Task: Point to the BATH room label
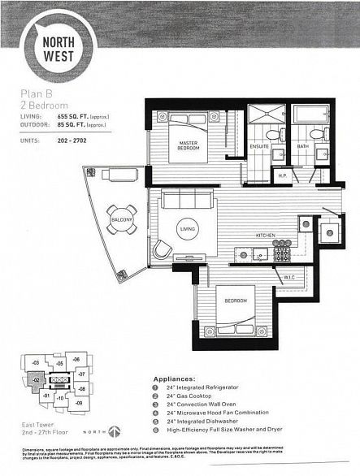[x=301, y=146]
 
